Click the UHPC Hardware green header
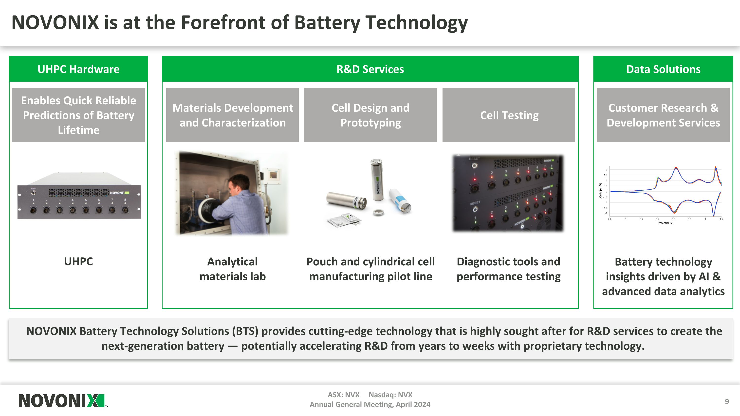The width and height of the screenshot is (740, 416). [x=78, y=69]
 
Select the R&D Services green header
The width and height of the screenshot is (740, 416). [x=370, y=69]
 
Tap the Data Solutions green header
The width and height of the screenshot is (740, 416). [x=663, y=69]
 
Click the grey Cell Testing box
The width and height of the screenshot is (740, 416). [x=509, y=115]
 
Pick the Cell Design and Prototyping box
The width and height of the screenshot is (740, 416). [x=370, y=115]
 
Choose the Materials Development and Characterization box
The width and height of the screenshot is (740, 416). [x=232, y=115]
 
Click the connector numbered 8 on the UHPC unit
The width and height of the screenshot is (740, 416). [x=125, y=210]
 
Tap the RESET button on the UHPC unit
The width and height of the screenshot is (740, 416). [x=33, y=193]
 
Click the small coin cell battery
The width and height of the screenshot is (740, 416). [x=378, y=213]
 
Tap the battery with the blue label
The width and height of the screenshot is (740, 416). [x=400, y=201]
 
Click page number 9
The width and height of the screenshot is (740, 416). [x=726, y=401]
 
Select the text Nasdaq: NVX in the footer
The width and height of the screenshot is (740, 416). [x=390, y=395]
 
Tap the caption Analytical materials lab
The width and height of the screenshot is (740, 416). [x=232, y=269]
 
